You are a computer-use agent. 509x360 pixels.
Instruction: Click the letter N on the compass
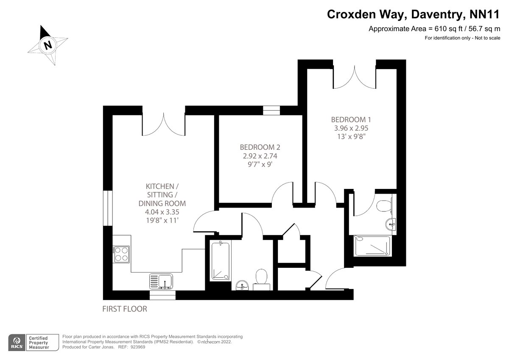[48, 45]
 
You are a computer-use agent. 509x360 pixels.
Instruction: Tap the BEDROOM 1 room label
[351, 120]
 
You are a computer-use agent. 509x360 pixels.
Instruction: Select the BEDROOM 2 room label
[260, 147]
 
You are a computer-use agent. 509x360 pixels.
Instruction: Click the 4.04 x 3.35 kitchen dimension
[162, 212]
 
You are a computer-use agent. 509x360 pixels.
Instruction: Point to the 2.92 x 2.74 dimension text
[260, 156]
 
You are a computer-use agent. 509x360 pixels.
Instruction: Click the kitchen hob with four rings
[121, 254]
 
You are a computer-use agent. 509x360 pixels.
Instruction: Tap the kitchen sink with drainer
[161, 281]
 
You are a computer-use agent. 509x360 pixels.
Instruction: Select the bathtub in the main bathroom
[221, 262]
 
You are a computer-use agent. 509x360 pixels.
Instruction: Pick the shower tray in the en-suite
[373, 246]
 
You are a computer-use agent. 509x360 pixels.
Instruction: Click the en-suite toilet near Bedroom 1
[384, 205]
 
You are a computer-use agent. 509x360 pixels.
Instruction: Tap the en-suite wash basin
[391, 225]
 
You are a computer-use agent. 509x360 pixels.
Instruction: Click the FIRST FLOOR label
[125, 309]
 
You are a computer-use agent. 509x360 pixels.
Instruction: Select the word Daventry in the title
[437, 14]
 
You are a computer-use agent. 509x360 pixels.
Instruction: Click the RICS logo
[17, 343]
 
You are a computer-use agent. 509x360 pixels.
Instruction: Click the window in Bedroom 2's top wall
[271, 110]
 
